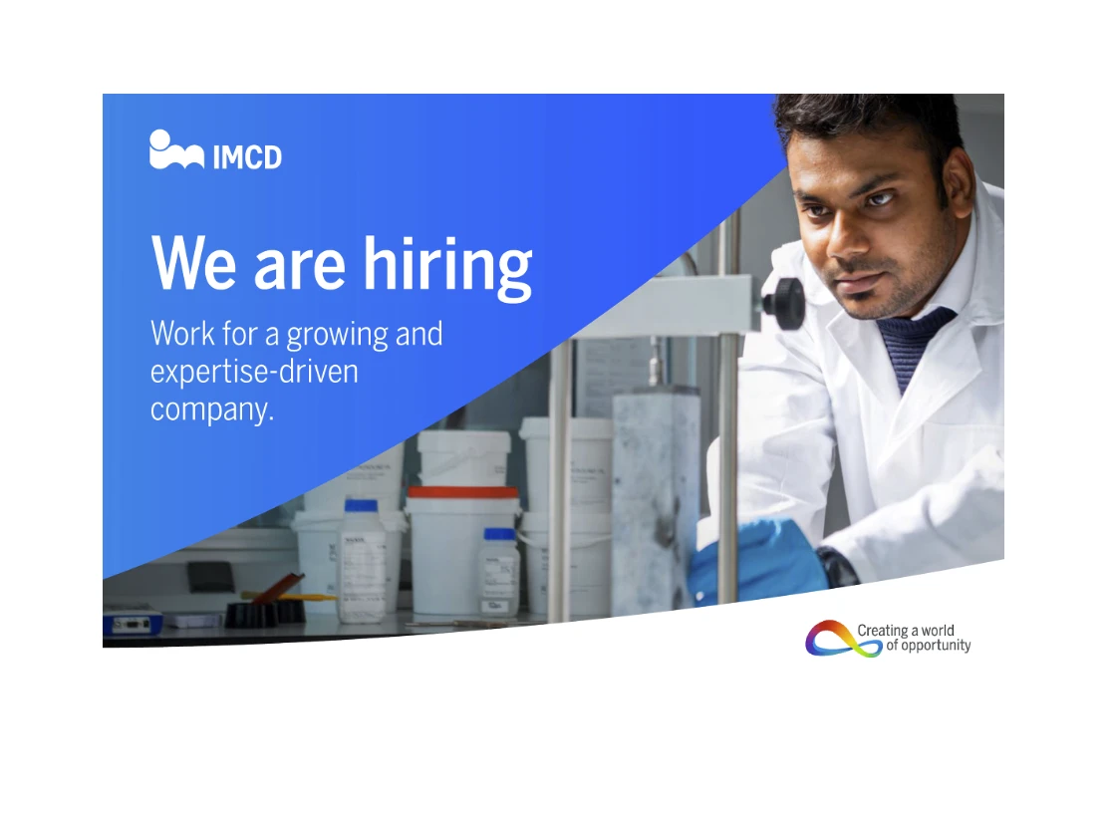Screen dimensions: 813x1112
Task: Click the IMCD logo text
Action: click(247, 156)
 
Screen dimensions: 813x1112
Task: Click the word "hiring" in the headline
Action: click(447, 265)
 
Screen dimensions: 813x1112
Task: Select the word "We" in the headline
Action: click(193, 263)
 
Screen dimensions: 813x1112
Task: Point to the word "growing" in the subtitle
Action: click(337, 336)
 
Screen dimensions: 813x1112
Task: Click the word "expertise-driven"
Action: click(254, 372)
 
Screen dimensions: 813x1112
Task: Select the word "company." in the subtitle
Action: click(212, 408)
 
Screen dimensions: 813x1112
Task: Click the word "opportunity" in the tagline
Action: click(936, 646)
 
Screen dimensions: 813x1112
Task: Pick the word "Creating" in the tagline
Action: click(882, 630)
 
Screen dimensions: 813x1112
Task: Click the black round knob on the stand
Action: click(785, 302)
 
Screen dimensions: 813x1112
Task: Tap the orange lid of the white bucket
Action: click(463, 491)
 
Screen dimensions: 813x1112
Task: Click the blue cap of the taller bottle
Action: click(361, 506)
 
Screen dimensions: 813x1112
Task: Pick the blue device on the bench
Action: click(132, 623)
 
